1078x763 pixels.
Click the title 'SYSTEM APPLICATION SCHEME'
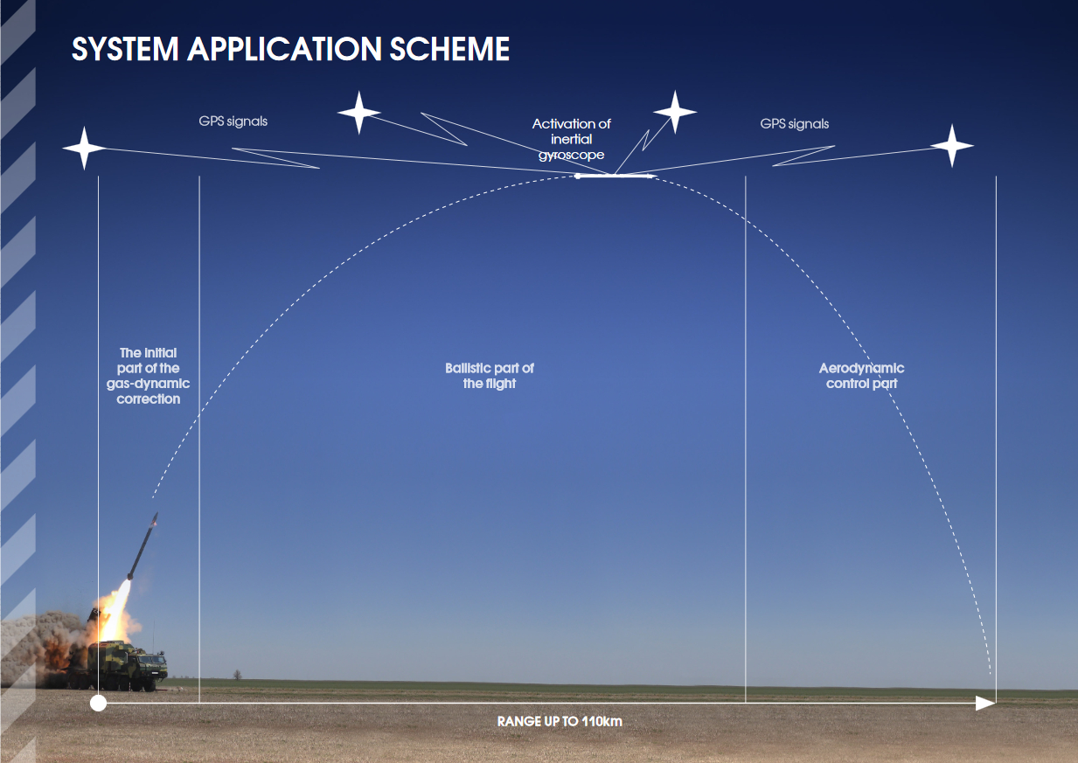[x=290, y=49]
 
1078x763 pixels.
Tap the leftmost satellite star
[x=85, y=149]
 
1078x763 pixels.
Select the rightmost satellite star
[x=952, y=145]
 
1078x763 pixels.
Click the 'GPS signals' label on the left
[x=233, y=121]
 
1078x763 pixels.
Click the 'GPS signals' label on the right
[x=795, y=123]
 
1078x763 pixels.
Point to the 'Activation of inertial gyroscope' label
[x=571, y=139]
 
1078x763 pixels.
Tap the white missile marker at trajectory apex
[x=615, y=176]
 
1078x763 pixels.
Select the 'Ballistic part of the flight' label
[x=490, y=376]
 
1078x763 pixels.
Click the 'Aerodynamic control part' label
[x=861, y=376]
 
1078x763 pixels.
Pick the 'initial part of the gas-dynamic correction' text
[x=149, y=376]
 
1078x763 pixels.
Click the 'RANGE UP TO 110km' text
[x=560, y=721]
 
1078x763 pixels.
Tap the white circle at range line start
[x=98, y=704]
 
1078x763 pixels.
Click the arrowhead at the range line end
[x=985, y=704]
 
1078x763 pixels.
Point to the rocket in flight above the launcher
[x=143, y=545]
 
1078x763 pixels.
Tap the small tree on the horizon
[x=237, y=675]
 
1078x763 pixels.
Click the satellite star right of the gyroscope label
[x=675, y=112]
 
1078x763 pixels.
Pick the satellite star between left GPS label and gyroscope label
[x=359, y=113]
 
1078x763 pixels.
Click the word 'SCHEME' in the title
[x=449, y=49]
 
